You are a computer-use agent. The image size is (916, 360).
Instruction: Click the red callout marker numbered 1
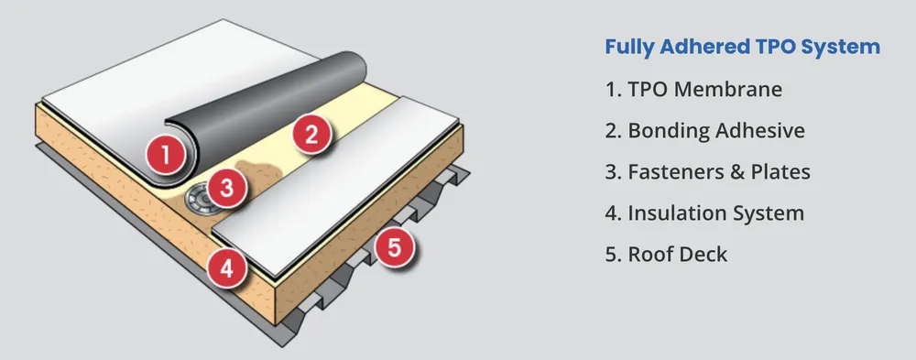click(x=166, y=154)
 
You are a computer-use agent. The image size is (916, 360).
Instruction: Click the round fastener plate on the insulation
click(x=195, y=200)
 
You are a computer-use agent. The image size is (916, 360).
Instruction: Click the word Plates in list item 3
click(x=780, y=171)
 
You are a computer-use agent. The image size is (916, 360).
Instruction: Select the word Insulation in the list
click(x=676, y=213)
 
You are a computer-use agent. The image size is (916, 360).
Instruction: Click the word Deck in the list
click(x=702, y=254)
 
